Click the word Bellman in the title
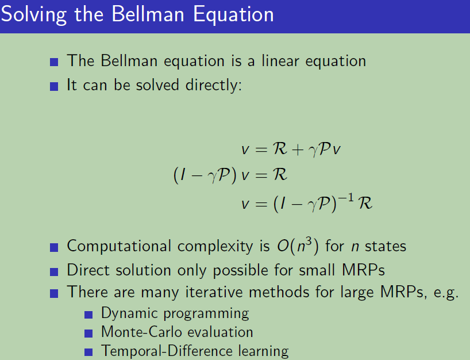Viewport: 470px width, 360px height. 148,14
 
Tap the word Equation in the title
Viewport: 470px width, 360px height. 233,15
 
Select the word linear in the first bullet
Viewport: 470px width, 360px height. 280,60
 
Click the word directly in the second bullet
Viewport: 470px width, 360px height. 213,85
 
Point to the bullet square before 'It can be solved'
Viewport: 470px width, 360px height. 54,87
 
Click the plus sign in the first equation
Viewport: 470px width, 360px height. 298,149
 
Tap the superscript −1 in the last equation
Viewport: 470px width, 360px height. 346,198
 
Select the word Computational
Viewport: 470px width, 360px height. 119,247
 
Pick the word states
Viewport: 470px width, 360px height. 386,247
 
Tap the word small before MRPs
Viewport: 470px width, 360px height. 317,270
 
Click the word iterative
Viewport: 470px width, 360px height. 213,292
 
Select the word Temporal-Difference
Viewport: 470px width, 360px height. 167,351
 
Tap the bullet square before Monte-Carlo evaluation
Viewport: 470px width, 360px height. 88,334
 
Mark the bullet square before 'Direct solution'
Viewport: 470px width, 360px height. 54,272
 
